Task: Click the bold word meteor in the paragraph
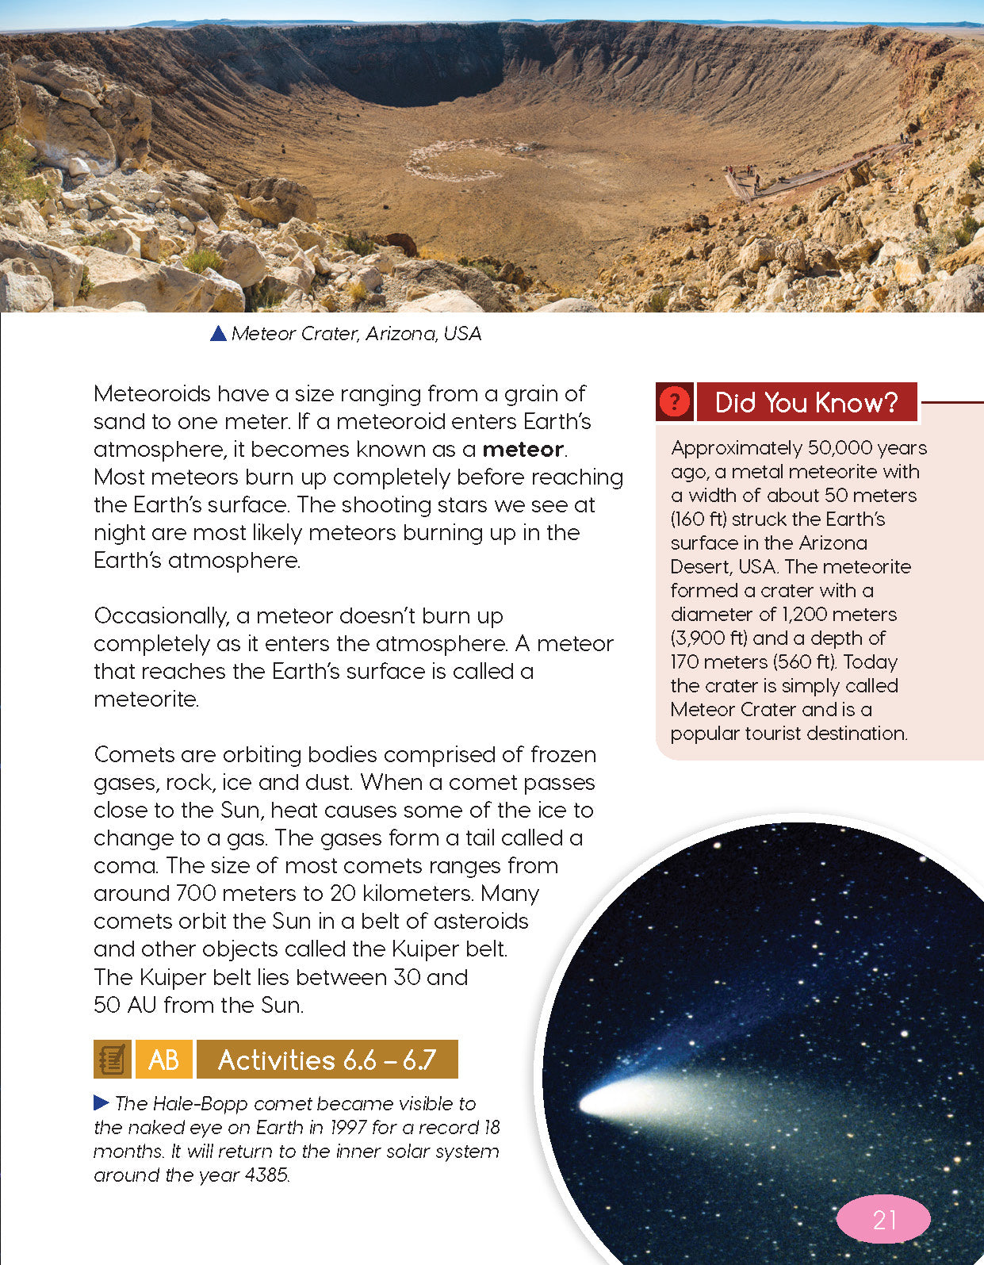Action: point(523,450)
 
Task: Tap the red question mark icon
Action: point(675,402)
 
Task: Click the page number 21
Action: point(883,1219)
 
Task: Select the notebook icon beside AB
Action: point(112,1060)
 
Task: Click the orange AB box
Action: point(164,1060)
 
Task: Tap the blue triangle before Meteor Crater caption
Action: point(218,334)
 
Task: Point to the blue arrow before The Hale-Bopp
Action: point(101,1102)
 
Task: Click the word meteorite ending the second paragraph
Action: point(145,700)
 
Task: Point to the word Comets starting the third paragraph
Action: point(134,754)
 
